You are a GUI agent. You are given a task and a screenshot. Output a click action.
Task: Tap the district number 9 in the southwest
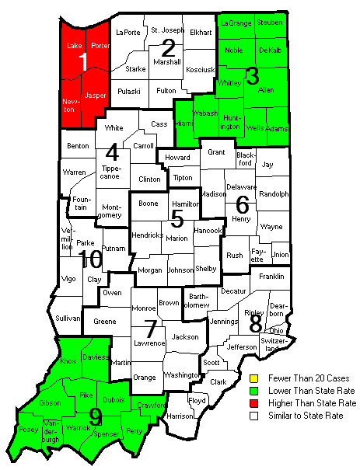click(x=96, y=418)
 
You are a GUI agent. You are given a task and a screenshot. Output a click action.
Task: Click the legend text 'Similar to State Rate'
click(x=308, y=416)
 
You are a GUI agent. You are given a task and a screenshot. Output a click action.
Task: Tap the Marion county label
click(x=177, y=238)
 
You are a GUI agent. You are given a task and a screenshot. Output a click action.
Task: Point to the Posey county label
click(x=27, y=428)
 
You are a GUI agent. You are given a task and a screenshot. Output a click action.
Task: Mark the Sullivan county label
click(x=68, y=319)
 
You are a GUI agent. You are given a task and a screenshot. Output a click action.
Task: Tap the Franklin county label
click(x=271, y=276)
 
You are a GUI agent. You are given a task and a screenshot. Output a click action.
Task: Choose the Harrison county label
click(x=180, y=416)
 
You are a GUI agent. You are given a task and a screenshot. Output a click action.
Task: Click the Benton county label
click(x=78, y=145)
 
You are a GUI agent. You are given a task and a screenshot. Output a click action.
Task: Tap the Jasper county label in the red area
click(x=95, y=95)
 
